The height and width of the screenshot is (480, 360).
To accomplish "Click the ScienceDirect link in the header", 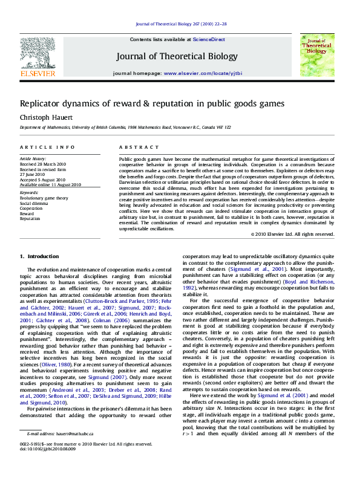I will pos(209,39).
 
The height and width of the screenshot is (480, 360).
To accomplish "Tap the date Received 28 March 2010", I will pos(43,164).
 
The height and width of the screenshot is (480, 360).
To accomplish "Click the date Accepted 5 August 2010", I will pos(43,179).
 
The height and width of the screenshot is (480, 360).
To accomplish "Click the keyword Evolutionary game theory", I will pos(44,198).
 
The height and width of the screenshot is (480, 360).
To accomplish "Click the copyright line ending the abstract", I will pos(301,234).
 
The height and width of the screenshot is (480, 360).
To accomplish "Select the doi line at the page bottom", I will pos(44,466).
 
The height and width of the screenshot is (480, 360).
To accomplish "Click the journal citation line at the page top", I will pos(182,24).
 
